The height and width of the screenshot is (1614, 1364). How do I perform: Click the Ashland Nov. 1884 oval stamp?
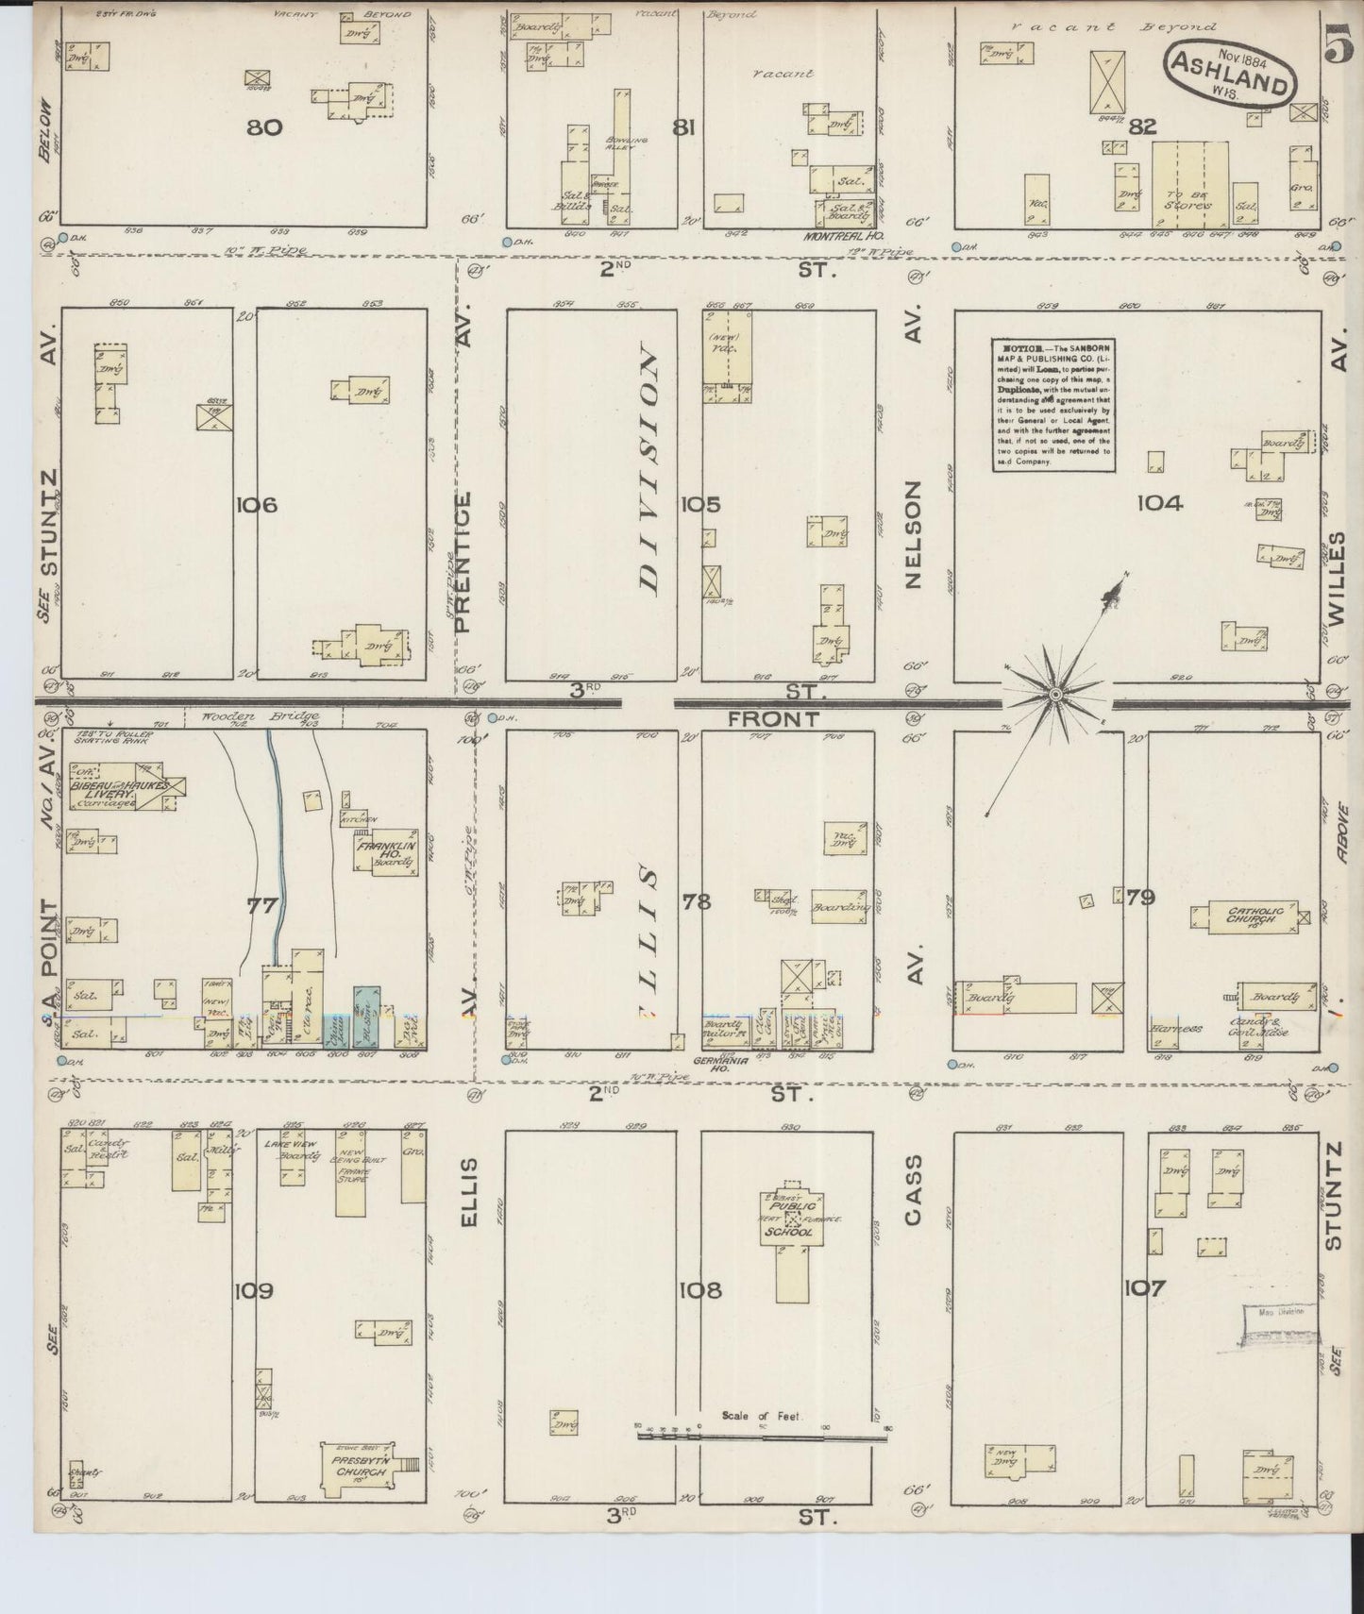1230,72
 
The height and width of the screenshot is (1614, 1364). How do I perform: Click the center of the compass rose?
1056,696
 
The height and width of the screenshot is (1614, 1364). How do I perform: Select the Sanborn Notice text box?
1052,405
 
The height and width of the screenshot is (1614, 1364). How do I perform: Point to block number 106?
257,506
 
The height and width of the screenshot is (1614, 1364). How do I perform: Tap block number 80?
264,126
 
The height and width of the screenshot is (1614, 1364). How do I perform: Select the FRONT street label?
773,719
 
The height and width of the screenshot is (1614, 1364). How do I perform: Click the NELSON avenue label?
912,534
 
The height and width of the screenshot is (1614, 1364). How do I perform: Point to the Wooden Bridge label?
258,716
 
